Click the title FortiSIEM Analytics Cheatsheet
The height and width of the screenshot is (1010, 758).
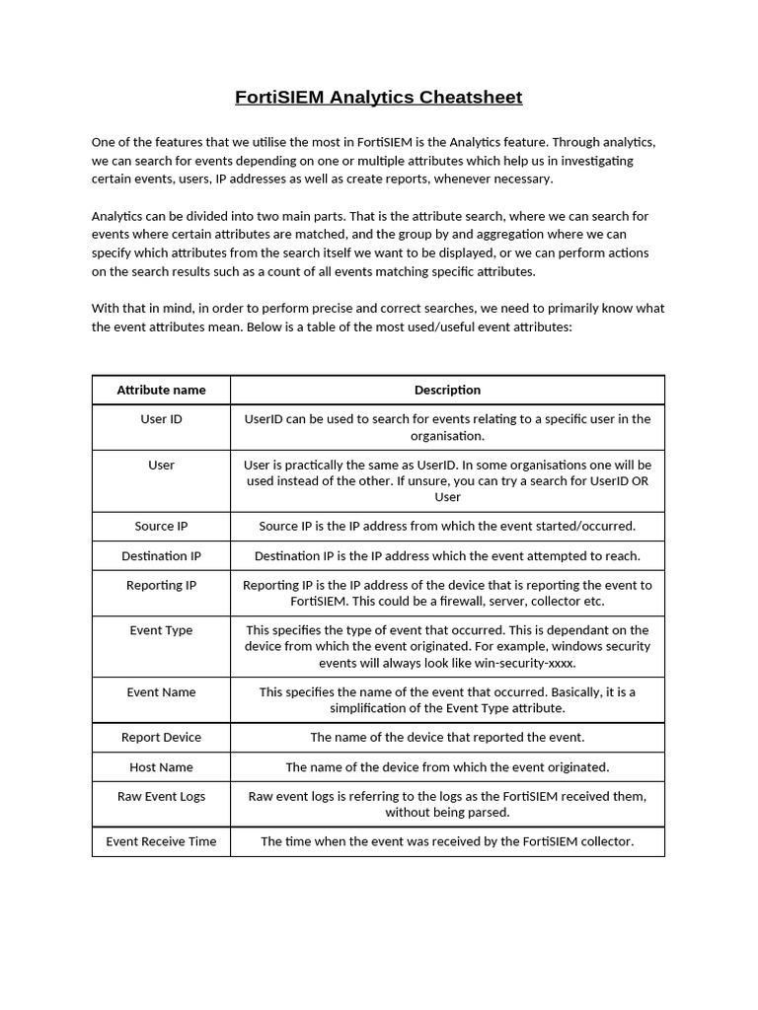tap(378, 97)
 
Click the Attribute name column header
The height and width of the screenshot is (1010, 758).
tap(161, 390)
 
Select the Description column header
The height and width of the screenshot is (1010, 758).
tap(447, 390)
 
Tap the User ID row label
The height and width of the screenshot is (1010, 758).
tap(161, 419)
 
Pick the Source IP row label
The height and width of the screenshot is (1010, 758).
tap(161, 527)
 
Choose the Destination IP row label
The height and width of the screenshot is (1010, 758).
tap(161, 556)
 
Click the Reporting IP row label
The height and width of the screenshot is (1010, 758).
tap(161, 586)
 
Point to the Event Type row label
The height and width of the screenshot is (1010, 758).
tap(161, 630)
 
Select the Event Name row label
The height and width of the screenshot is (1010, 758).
tap(161, 692)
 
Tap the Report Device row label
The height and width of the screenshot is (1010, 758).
tap(161, 738)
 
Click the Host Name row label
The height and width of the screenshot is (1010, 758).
tap(161, 767)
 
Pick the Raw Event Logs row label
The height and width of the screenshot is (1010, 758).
tap(161, 797)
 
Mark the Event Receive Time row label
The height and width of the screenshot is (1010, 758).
tap(161, 842)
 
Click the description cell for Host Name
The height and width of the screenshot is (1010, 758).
tap(447, 767)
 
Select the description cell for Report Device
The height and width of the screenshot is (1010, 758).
tap(447, 738)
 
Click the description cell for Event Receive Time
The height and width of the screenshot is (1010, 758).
tap(447, 842)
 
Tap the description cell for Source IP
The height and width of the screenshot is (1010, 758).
tap(447, 527)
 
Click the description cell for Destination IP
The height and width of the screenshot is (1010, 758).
tap(447, 556)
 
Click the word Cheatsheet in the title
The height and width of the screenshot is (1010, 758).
tap(470, 97)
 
